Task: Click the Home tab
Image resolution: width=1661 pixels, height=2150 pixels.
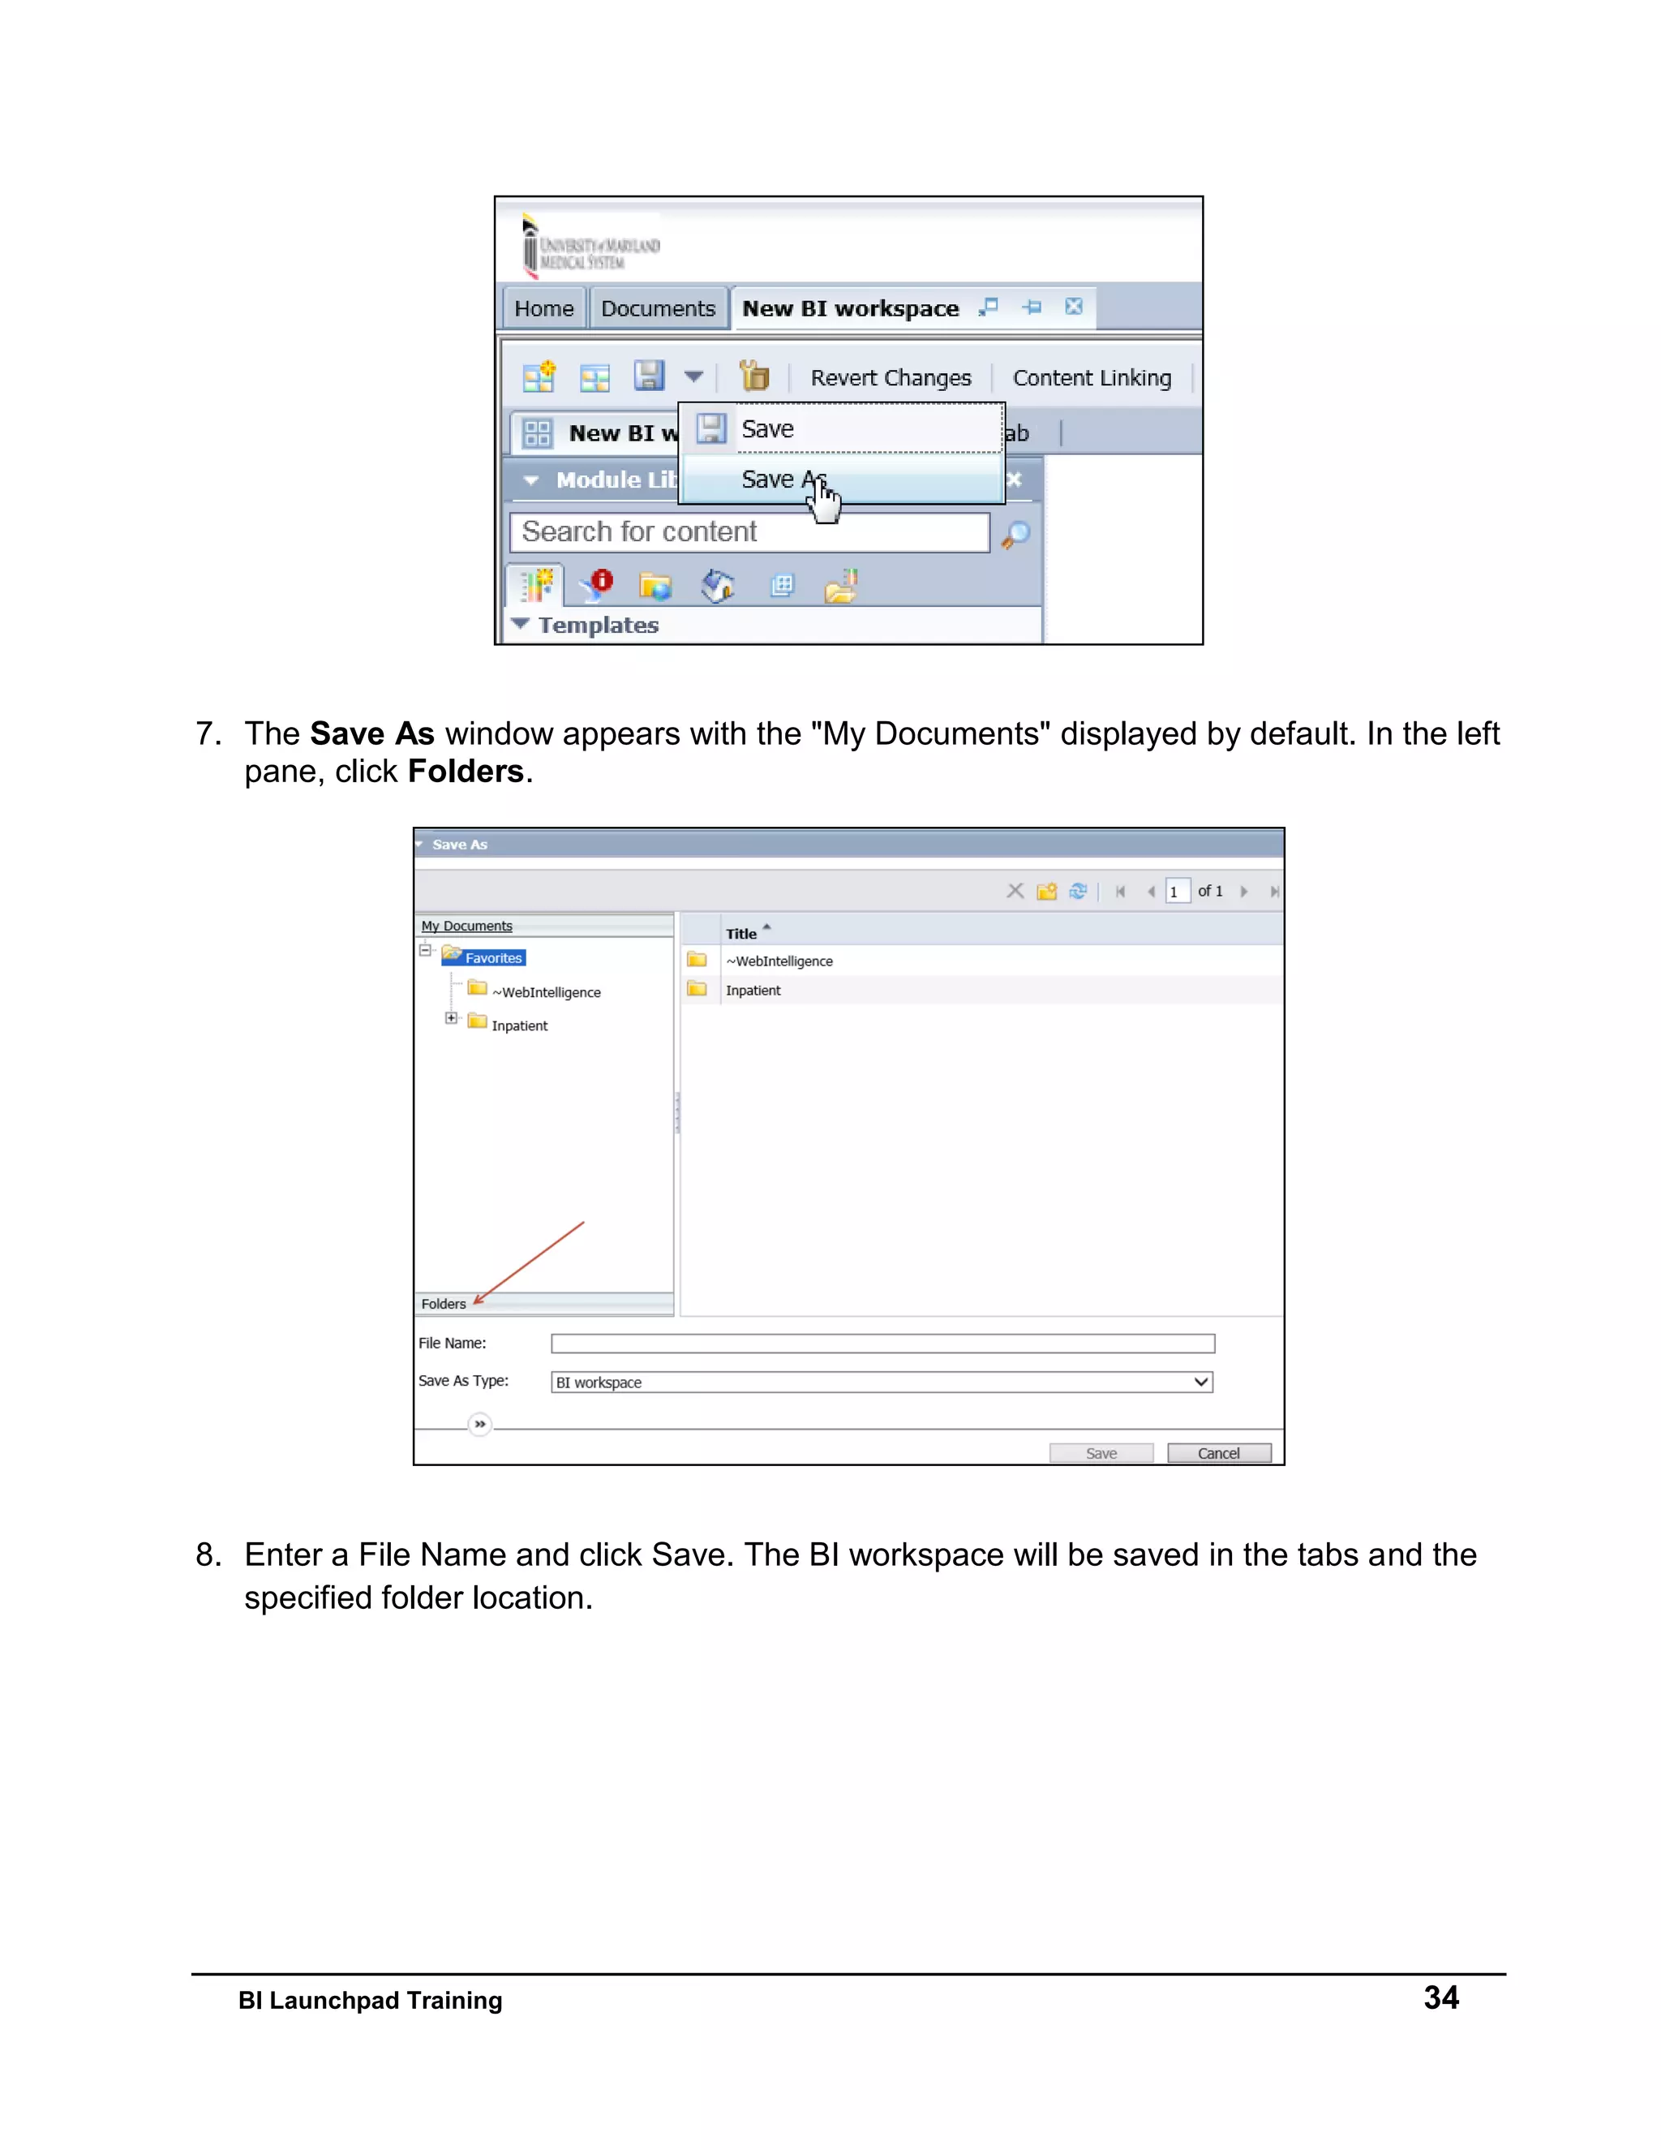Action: pyautogui.click(x=543, y=309)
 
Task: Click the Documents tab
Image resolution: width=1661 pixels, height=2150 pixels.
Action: pyautogui.click(x=657, y=309)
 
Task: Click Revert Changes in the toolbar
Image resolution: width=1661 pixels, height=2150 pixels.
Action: pyautogui.click(x=890, y=378)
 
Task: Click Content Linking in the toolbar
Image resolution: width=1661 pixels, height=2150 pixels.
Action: pyautogui.click(x=1092, y=378)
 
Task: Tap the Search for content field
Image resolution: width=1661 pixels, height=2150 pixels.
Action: pyautogui.click(x=749, y=532)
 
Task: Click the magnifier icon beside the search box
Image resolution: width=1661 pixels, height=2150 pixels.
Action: pyautogui.click(x=1015, y=534)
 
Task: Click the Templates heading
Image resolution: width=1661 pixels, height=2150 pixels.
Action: pyautogui.click(x=597, y=625)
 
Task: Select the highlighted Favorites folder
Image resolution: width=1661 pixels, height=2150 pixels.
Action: pyautogui.click(x=493, y=958)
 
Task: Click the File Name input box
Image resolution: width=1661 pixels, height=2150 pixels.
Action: pyautogui.click(x=882, y=1344)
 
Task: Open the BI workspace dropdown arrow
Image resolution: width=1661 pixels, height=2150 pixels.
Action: pyautogui.click(x=1200, y=1382)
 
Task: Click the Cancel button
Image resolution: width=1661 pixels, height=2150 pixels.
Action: pyautogui.click(x=1218, y=1453)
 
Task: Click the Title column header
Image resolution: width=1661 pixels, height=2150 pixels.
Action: pyautogui.click(x=741, y=933)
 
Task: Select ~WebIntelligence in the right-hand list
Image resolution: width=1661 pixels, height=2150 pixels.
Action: pyautogui.click(x=779, y=961)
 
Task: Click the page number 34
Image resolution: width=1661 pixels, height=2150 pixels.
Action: pyautogui.click(x=1440, y=1997)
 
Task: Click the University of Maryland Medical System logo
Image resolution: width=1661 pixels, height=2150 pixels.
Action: pyautogui.click(x=590, y=246)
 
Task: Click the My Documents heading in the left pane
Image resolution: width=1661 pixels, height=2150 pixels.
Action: pyautogui.click(x=466, y=927)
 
